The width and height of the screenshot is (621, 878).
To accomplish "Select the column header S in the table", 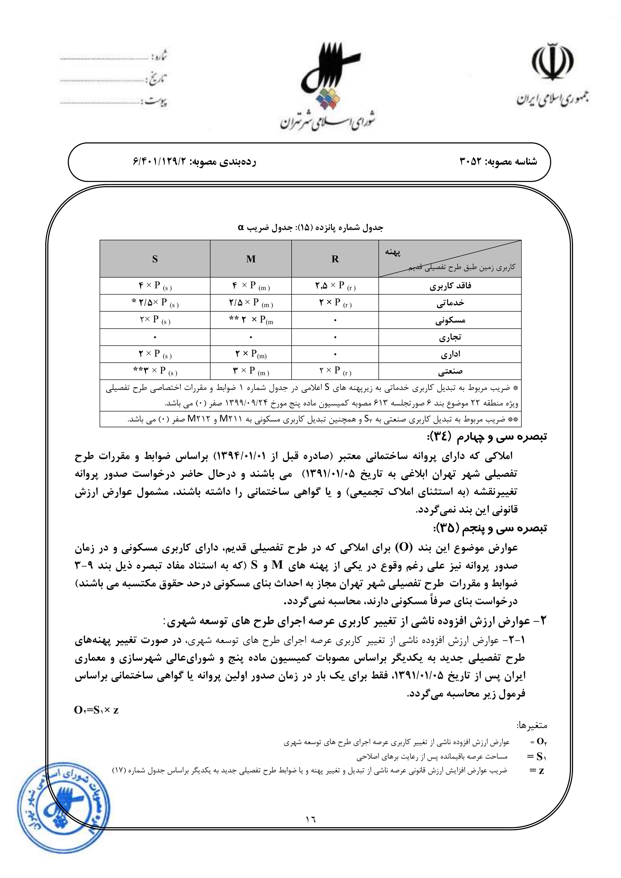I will coord(155,259).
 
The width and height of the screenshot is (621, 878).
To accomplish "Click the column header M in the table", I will coord(251,259).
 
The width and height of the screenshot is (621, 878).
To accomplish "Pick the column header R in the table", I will coord(335,259).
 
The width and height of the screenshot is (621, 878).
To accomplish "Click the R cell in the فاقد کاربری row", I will coord(335,286).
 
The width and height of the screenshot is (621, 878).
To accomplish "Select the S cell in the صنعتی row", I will coord(155,371).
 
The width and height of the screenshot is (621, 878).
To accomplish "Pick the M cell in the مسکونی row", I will coord(251,320).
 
